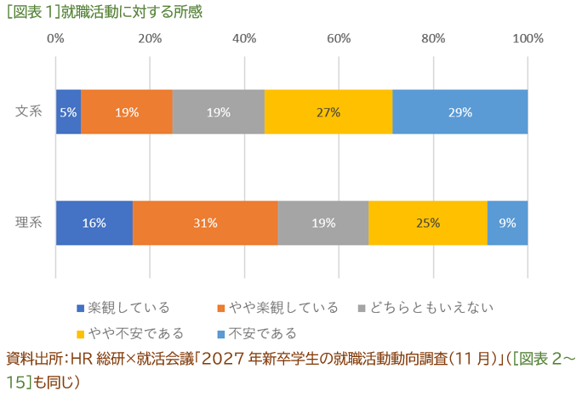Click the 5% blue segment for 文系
[x=68, y=112]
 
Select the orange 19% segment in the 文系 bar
[x=127, y=112]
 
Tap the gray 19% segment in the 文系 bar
[x=218, y=112]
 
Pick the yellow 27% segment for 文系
[x=328, y=112]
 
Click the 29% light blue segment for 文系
[x=459, y=112]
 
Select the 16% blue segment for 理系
[x=94, y=224]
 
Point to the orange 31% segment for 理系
[x=205, y=224]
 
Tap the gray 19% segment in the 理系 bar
[x=322, y=224]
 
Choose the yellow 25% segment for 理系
[x=427, y=224]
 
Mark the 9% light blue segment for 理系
[x=507, y=224]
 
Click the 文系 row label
[x=29, y=112]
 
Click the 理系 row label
[x=29, y=224]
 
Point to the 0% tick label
[x=56, y=38]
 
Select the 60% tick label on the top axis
[x=339, y=38]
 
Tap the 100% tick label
[x=528, y=38]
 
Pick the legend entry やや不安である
[x=136, y=332]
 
